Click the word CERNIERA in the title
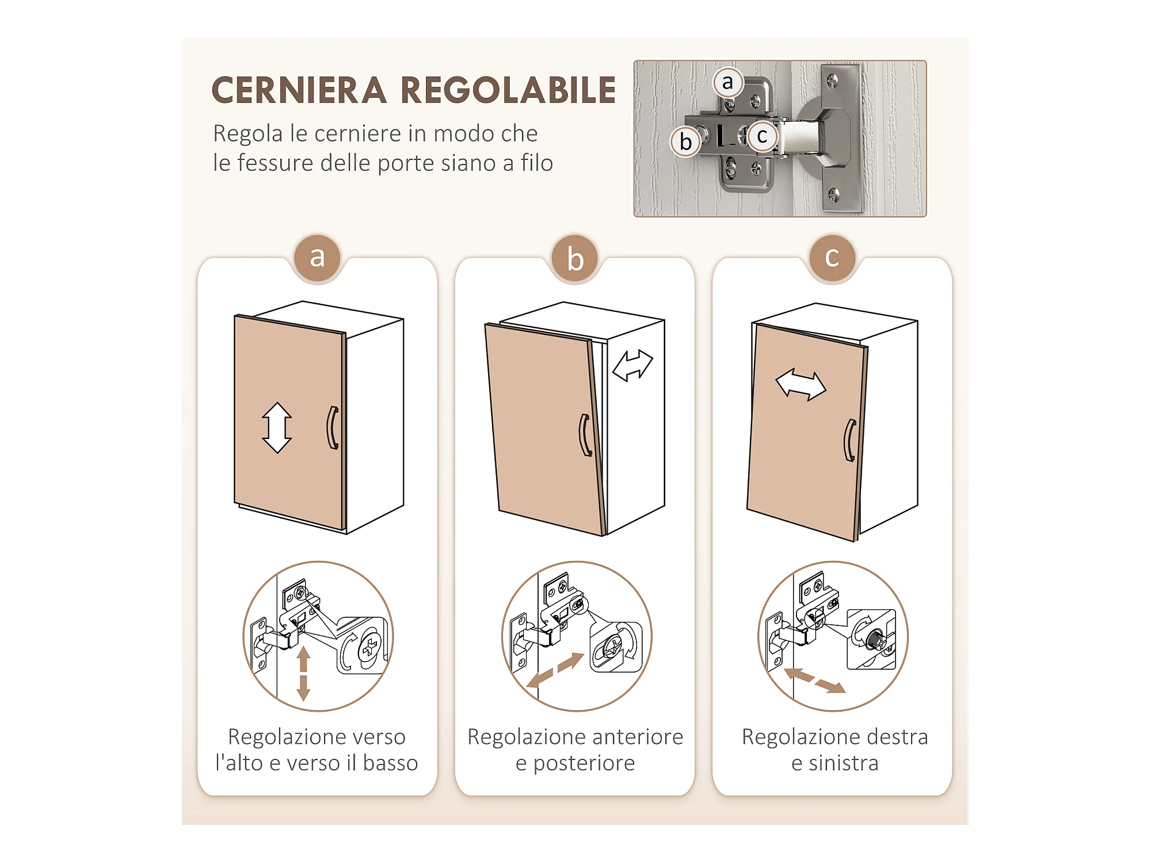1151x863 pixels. (299, 90)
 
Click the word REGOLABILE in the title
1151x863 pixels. (508, 90)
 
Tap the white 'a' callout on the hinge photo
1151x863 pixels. (728, 82)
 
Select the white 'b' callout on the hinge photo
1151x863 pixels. (685, 142)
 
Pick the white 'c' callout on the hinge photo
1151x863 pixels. (763, 136)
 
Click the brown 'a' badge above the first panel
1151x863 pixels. (317, 257)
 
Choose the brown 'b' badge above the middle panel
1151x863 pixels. (575, 258)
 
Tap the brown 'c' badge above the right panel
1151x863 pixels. (832, 257)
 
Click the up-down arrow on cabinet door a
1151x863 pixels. (277, 427)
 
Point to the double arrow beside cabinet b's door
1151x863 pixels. (632, 366)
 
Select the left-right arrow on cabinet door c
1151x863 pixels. (801, 384)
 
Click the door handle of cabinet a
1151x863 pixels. (332, 427)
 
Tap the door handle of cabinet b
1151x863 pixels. (585, 436)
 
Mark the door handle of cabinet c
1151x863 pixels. (849, 441)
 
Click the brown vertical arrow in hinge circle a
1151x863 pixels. (303, 674)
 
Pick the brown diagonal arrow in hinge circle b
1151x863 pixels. (555, 670)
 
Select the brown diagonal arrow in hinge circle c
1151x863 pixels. (815, 681)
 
